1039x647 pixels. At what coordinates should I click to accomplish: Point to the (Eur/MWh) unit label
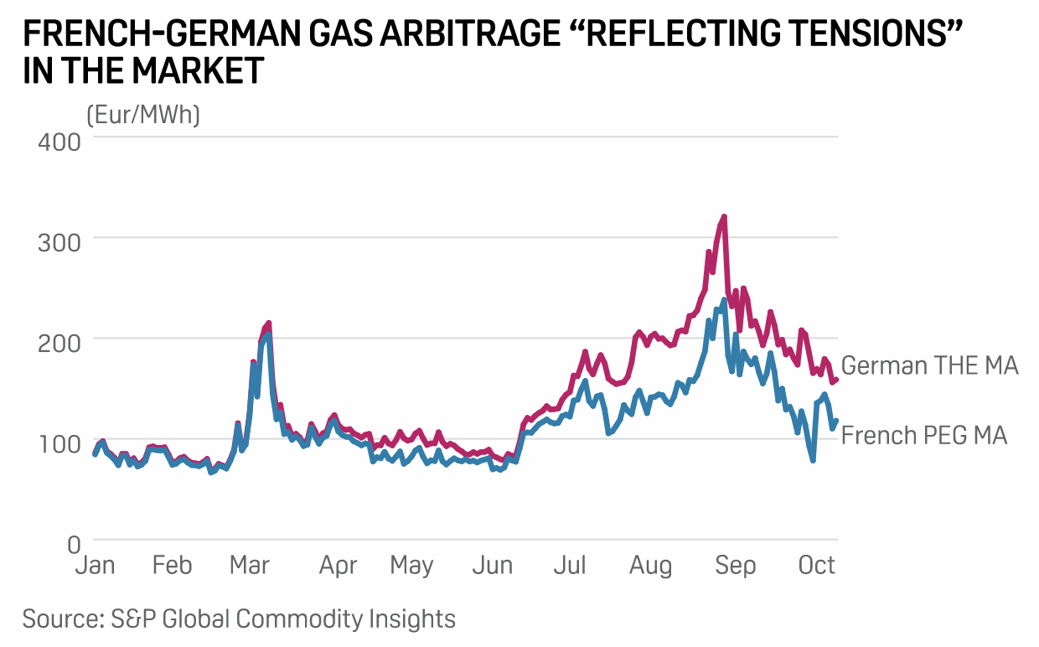tap(143, 114)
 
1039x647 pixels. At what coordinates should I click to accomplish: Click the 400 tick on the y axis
tap(59, 140)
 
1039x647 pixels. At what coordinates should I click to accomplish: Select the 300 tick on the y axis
tap(59, 241)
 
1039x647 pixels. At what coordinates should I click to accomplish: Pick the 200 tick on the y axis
tap(59, 340)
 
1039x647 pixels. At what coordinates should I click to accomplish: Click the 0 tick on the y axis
tap(73, 543)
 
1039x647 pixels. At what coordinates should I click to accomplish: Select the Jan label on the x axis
tap(95, 567)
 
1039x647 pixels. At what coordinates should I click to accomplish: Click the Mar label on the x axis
tap(249, 567)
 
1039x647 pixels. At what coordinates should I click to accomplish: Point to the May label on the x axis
tap(411, 567)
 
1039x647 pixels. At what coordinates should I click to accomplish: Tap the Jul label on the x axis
tap(569, 567)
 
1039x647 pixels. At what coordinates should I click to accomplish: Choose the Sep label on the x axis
tap(735, 567)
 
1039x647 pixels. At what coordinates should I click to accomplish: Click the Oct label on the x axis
tap(817, 567)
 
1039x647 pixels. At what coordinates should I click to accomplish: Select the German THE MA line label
tap(929, 366)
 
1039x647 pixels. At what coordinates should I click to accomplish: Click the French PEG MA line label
tap(924, 436)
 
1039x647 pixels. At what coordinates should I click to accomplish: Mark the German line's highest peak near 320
tap(724, 216)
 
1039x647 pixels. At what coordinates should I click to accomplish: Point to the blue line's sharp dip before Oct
tap(813, 460)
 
